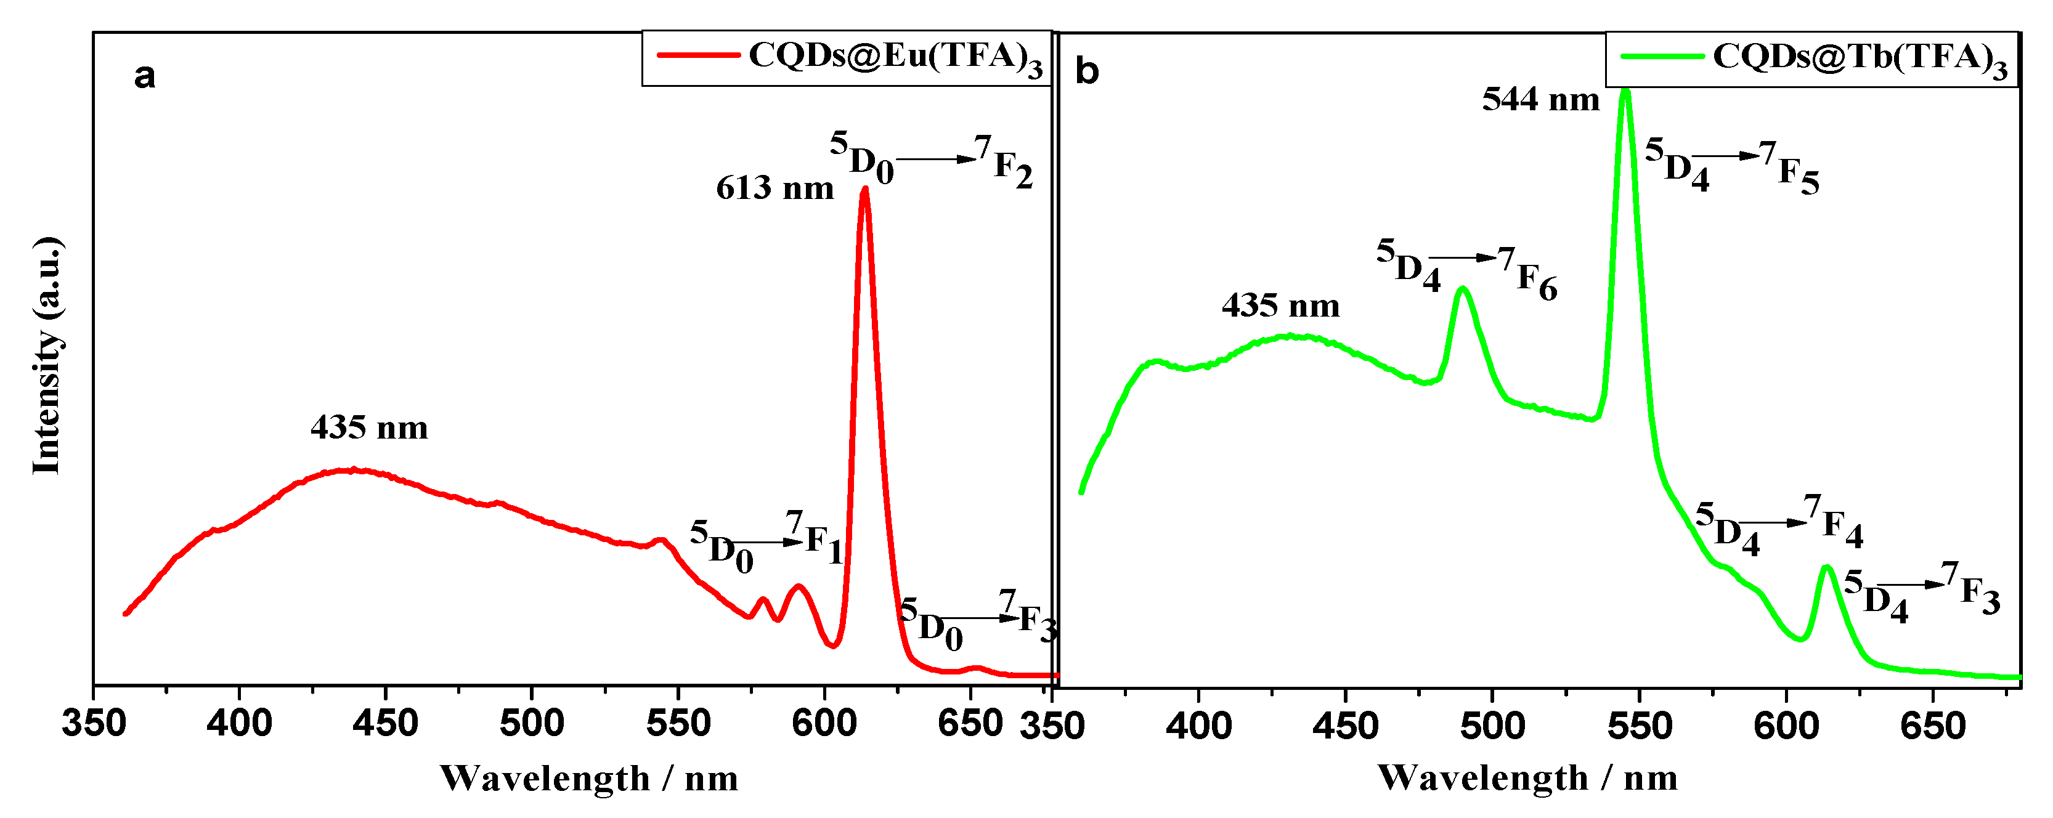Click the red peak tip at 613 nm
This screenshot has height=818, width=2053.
864,190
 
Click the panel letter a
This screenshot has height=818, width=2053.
144,76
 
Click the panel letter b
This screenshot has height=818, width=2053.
1087,71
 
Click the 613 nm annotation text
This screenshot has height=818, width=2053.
774,188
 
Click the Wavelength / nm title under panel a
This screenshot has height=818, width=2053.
589,778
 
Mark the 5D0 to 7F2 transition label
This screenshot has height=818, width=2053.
931,160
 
